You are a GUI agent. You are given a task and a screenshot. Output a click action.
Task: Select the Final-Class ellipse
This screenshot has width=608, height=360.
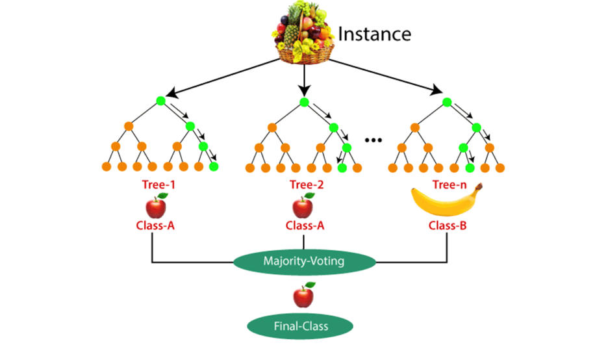[303, 326]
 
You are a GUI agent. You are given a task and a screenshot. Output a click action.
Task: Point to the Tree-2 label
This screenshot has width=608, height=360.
[303, 185]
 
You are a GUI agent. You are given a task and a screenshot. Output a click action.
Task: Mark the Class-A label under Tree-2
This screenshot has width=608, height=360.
[303, 227]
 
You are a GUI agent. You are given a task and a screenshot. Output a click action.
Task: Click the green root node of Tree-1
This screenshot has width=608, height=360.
[160, 101]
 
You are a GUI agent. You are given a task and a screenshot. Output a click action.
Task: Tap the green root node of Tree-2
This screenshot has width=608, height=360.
[304, 101]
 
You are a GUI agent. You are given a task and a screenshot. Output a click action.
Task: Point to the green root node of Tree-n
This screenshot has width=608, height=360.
[447, 101]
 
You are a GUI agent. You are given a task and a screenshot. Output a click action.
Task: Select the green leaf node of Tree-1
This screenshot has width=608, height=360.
[214, 167]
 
